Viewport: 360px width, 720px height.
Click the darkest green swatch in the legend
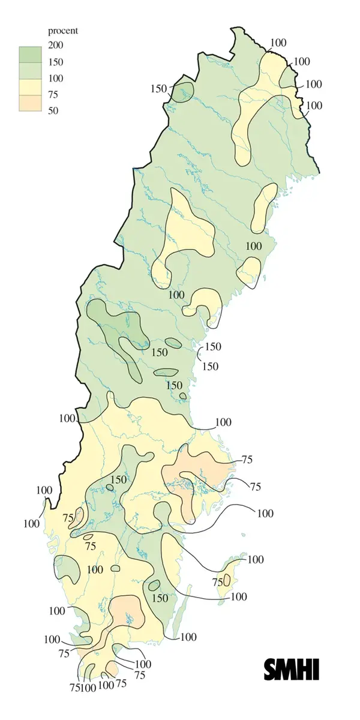(30, 53)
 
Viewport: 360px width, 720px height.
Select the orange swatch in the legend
(30, 103)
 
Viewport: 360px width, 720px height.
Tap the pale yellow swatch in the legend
(30, 86)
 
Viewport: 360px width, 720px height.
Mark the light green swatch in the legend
(30, 70)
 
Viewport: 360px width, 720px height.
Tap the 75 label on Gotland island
(218, 582)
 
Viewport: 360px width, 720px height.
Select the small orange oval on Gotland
(227, 580)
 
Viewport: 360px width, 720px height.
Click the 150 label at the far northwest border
(158, 89)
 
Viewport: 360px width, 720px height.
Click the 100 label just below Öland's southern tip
(188, 637)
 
